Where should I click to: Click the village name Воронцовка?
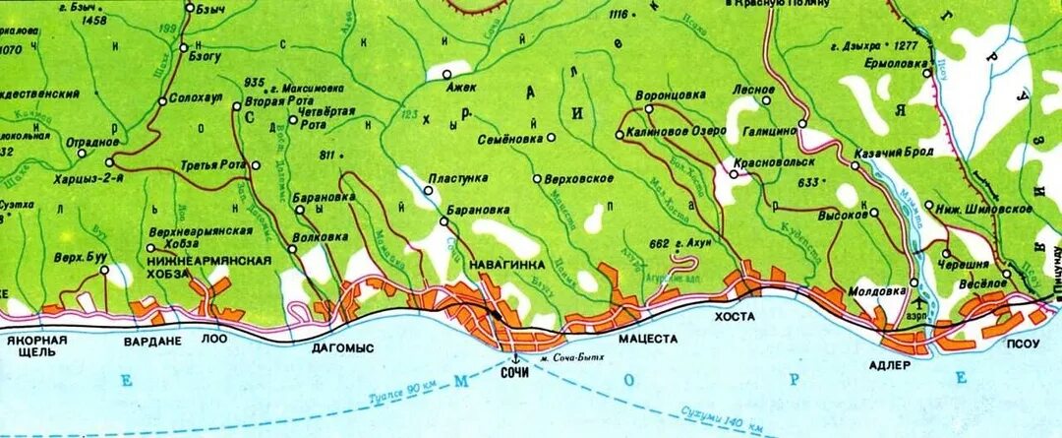(670, 95)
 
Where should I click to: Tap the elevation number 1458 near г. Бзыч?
(94, 20)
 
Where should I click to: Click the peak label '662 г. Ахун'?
(674, 242)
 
